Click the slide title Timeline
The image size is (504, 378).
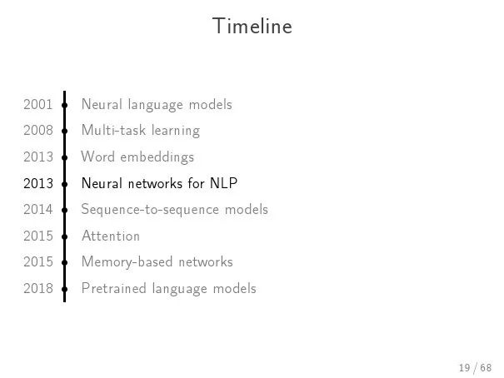coord(252,26)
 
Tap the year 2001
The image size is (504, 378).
coord(38,104)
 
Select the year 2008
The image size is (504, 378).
coord(38,131)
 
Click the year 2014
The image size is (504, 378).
coord(38,209)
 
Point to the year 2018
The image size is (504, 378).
coord(38,288)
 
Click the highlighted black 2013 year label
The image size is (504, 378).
coord(38,183)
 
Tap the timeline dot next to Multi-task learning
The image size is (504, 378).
coord(65,131)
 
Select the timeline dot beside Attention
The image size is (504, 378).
coord(65,236)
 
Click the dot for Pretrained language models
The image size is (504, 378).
coord(65,289)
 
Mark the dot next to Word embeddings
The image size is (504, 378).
coord(65,157)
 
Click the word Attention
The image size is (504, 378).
coord(111,236)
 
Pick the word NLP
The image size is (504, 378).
coord(224,183)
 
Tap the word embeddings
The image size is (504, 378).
coord(157,157)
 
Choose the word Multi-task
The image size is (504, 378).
coord(113,130)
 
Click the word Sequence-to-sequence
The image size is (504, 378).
coord(151,210)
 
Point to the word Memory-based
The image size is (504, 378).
coord(127,262)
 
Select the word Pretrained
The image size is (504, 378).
coord(114,288)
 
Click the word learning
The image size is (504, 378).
coord(176,131)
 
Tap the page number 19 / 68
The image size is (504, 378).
coord(476,367)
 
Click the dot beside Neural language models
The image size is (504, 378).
coord(65,105)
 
